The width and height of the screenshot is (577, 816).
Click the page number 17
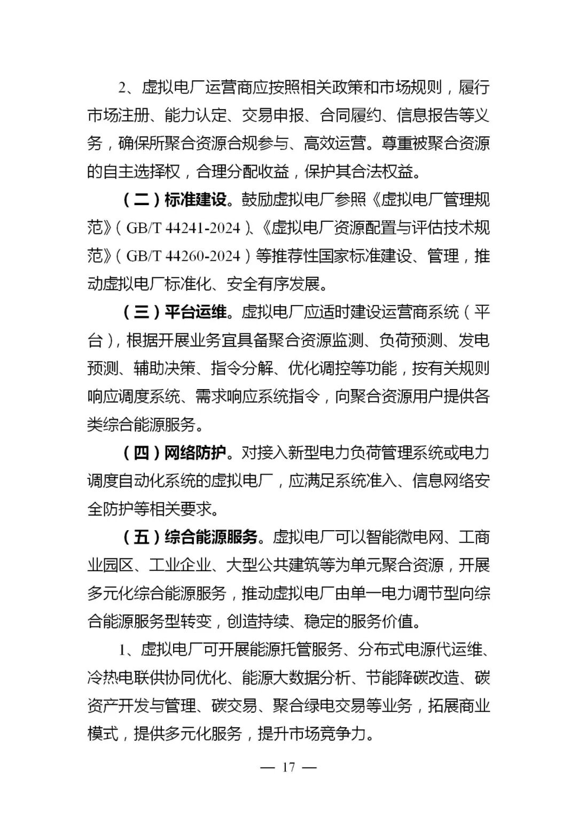click(x=288, y=767)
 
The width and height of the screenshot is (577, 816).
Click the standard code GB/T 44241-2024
click(x=183, y=228)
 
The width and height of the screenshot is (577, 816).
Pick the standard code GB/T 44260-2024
click(x=183, y=256)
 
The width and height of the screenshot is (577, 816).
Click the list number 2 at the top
click(x=122, y=88)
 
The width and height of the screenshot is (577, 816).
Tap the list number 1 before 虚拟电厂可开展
click(x=122, y=650)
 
